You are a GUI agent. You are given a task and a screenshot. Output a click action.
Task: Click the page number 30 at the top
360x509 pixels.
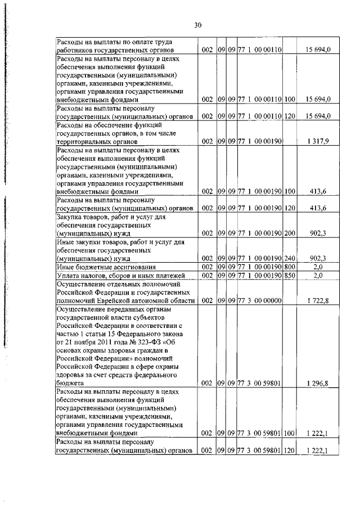197,25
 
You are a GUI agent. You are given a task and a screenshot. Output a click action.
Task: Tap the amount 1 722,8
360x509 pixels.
318,301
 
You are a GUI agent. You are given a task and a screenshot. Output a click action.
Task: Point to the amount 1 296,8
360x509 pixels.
318,383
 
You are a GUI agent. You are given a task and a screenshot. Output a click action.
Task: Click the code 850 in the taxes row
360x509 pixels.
289,275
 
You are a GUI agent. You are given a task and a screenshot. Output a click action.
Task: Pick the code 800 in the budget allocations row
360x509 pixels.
289,266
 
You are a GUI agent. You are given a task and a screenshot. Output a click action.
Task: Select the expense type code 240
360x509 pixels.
289,258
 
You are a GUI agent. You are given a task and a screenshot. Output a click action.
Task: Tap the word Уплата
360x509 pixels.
68,275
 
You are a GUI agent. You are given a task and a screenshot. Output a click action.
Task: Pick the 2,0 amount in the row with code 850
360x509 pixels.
318,275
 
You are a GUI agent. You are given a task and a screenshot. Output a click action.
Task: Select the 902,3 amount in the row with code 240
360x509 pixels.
318,258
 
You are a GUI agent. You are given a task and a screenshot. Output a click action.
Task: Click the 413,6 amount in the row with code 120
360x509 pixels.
318,208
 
